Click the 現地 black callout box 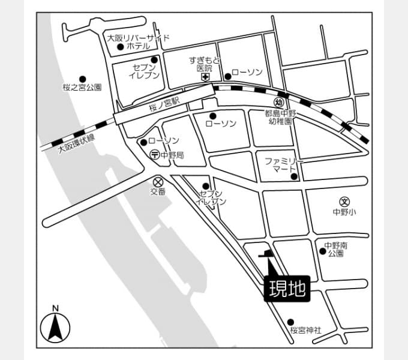tap(287, 289)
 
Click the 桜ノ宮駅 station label tap(164, 104)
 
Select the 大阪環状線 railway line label tap(76, 143)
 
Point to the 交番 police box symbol tap(158, 182)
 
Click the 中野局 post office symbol tap(155, 155)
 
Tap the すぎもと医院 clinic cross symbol tap(206, 77)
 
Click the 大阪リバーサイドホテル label tap(139, 42)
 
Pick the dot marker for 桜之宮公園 tap(82, 79)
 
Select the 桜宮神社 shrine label tap(306, 331)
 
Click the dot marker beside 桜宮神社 tap(290, 322)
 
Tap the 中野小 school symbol tap(344, 202)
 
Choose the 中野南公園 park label tap(335, 250)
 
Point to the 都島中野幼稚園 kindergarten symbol tap(279, 102)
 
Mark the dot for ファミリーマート tap(294, 176)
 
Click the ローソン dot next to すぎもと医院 tap(227, 76)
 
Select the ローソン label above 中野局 tap(164, 141)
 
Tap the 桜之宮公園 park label tap(82, 88)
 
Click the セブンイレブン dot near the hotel tap(154, 60)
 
